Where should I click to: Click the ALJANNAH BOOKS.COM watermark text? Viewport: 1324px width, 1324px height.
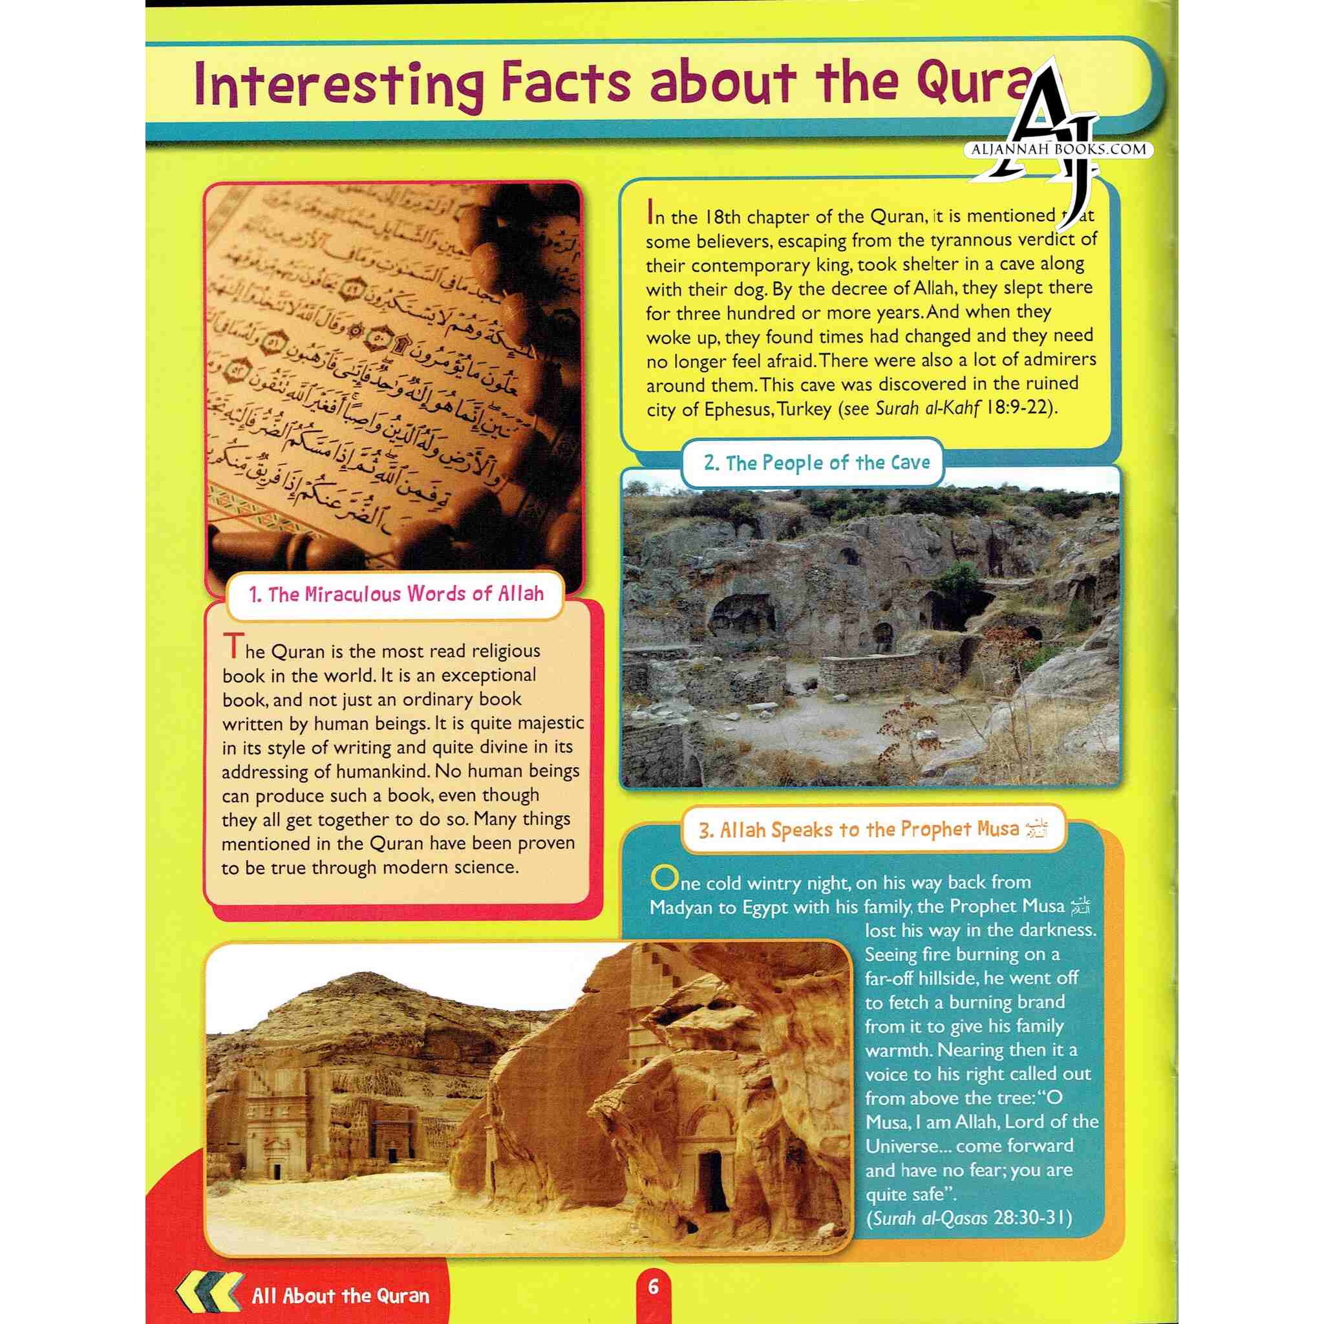(1059, 149)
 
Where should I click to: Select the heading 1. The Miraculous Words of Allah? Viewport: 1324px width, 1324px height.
(396, 594)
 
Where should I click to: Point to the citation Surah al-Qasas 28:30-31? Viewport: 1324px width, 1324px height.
(968, 1219)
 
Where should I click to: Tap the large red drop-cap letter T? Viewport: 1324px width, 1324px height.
(233, 647)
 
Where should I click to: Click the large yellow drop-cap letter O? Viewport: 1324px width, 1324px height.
(663, 878)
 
